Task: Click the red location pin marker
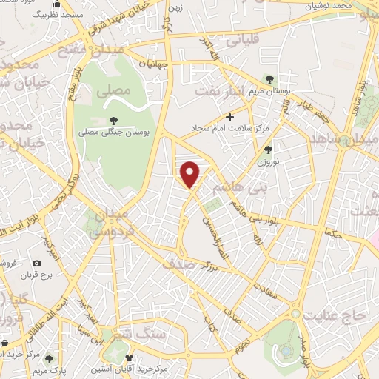pyautogui.click(x=191, y=174)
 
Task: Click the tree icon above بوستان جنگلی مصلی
pyautogui.click(x=113, y=121)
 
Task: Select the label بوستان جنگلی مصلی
pyautogui.click(x=114, y=133)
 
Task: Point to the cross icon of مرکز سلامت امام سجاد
pyautogui.click(x=229, y=117)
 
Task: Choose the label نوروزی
pyautogui.click(x=267, y=161)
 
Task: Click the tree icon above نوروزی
pyautogui.click(x=267, y=149)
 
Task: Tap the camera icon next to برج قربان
pyautogui.click(x=37, y=263)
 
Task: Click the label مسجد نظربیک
pyautogui.click(x=62, y=15)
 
